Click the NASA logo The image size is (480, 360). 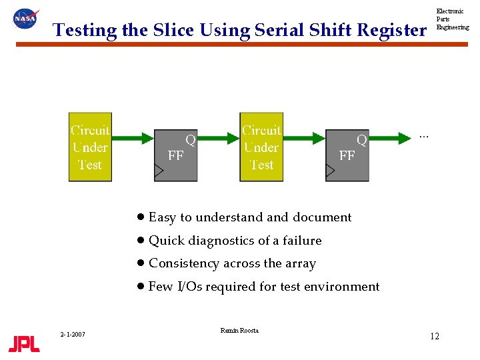(x=26, y=19)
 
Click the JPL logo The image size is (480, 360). (x=24, y=343)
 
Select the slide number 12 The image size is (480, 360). (x=434, y=336)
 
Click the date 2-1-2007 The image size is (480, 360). (x=72, y=334)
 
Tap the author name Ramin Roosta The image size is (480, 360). (x=239, y=331)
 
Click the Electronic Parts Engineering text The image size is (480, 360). (x=452, y=19)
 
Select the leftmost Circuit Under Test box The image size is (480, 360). (x=90, y=147)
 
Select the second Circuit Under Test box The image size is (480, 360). (x=261, y=147)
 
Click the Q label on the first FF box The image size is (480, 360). (x=190, y=140)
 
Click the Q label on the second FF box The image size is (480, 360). (x=361, y=140)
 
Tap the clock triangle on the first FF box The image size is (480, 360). (x=159, y=171)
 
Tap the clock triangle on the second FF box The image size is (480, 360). (x=330, y=171)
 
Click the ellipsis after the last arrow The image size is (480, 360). (x=423, y=137)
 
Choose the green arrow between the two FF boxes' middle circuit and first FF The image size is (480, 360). (x=219, y=138)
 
